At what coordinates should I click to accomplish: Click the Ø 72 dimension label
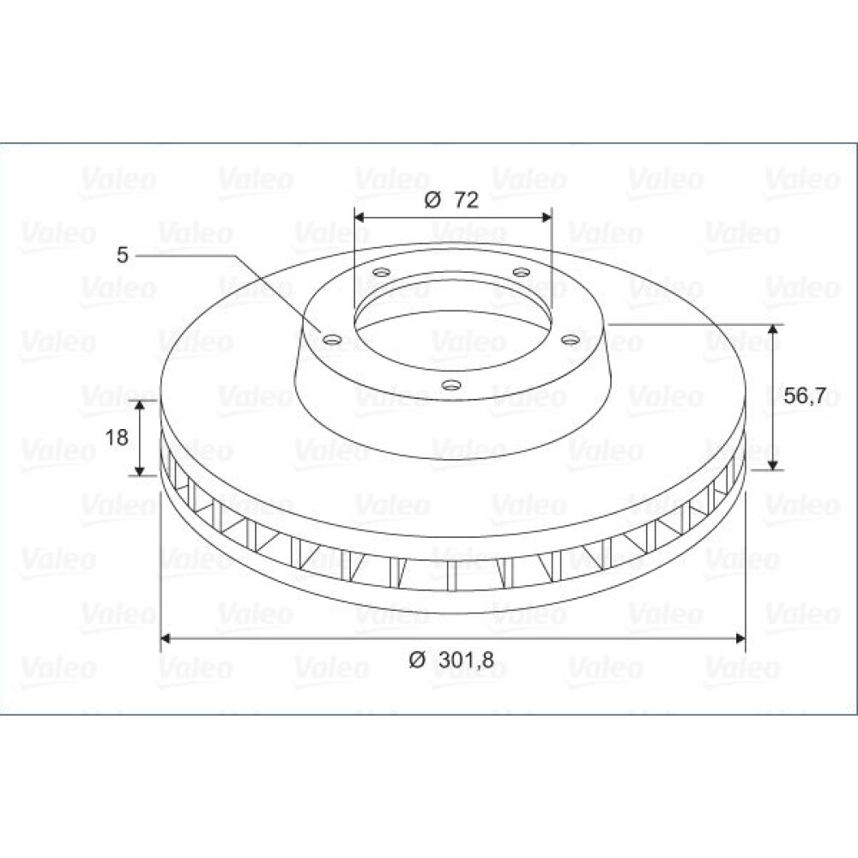coord(451,200)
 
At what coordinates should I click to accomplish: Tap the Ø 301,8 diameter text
coord(451,660)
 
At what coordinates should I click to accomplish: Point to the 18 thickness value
coord(116,438)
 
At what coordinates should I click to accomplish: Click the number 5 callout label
coord(122,255)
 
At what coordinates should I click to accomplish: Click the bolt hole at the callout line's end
coord(331,340)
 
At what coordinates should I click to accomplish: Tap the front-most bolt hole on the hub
coord(450,385)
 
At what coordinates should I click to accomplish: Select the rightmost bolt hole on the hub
coord(571,340)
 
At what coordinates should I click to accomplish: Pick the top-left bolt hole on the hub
coord(381,272)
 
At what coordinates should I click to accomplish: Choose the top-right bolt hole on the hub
coord(522,272)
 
